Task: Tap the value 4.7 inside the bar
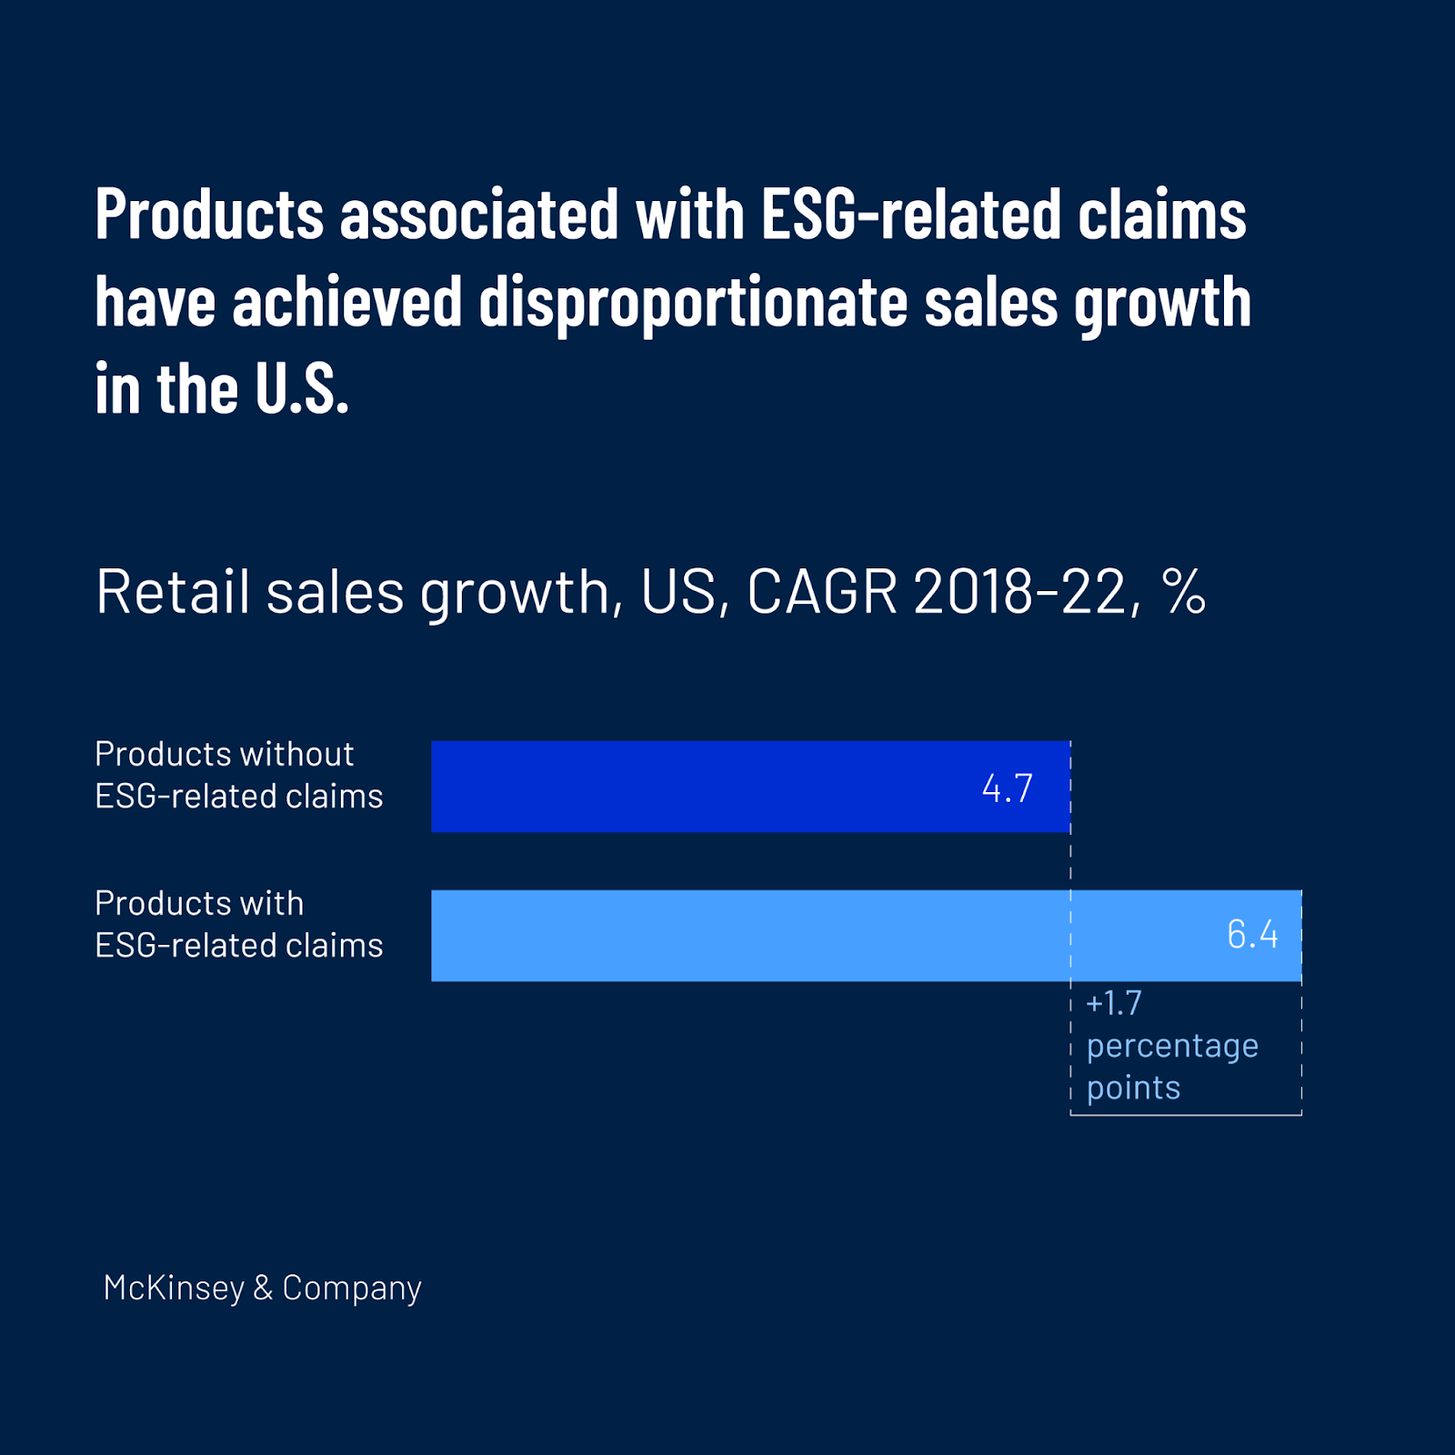click(1008, 788)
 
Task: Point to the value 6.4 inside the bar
click(1252, 935)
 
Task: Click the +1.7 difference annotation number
click(1114, 1003)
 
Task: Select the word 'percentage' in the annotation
click(1172, 1046)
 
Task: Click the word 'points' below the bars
click(1133, 1088)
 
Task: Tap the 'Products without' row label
click(224, 754)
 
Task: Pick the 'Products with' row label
click(199, 903)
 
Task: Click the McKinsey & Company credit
click(262, 1288)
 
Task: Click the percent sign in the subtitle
click(1183, 592)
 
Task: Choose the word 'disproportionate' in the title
click(693, 303)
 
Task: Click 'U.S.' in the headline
click(301, 389)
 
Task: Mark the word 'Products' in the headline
click(209, 216)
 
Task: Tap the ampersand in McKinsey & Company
click(263, 1288)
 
